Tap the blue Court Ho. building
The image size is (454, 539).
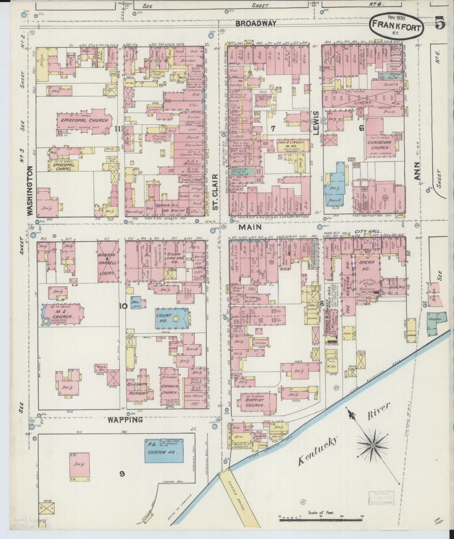click(172, 318)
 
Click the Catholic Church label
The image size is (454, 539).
click(169, 390)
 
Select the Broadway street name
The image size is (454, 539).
click(256, 24)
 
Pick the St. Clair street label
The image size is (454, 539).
click(215, 192)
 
